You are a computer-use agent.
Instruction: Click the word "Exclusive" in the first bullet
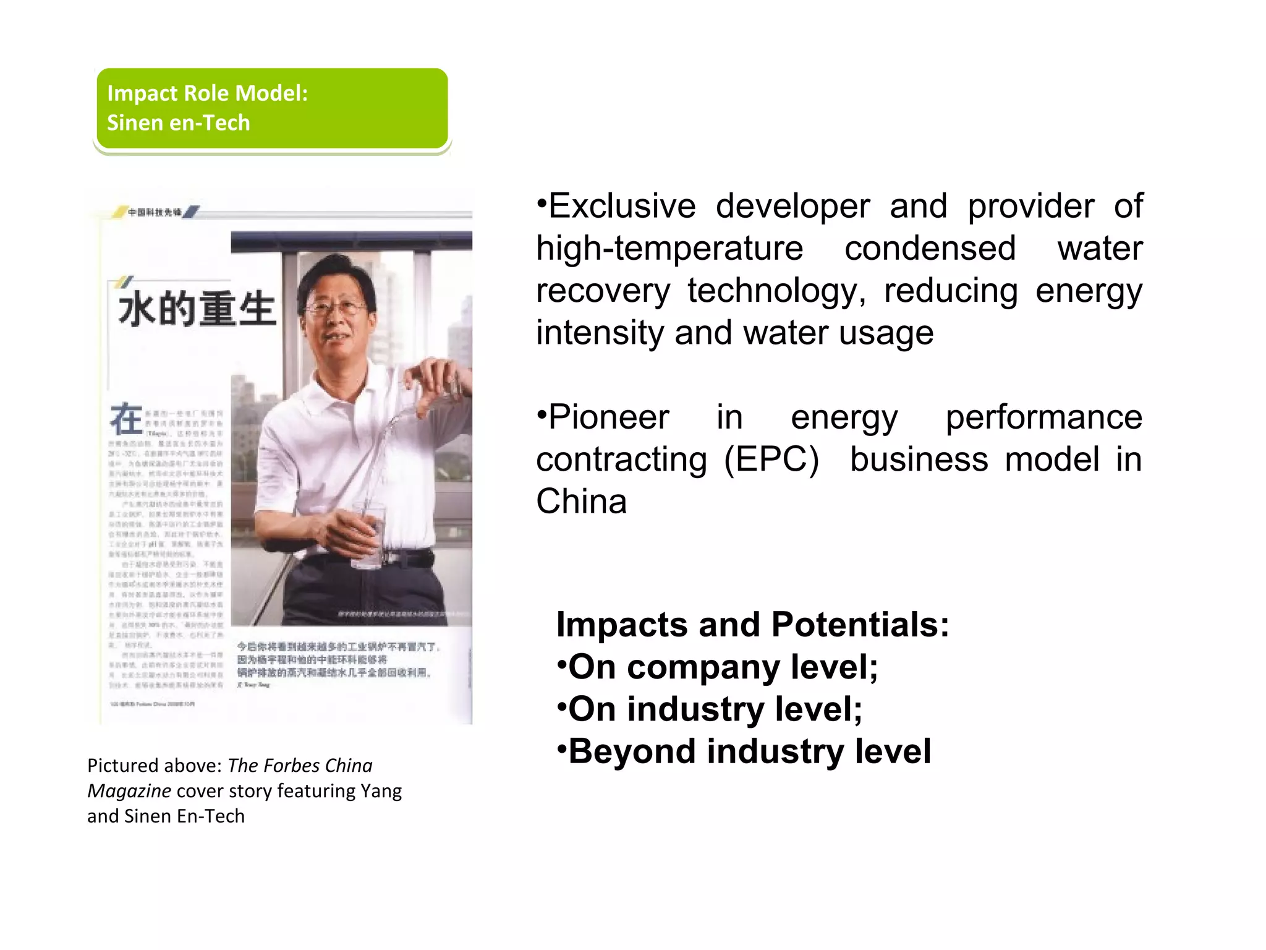click(x=622, y=207)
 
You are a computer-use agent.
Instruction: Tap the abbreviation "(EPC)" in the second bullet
click(x=771, y=460)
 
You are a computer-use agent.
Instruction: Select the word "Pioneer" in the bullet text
click(x=609, y=417)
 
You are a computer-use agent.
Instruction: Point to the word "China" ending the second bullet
click(x=581, y=502)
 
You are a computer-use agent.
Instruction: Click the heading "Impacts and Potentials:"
click(x=752, y=625)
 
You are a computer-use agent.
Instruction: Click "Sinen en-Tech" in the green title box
click(x=179, y=123)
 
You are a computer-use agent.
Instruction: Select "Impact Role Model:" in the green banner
click(x=208, y=93)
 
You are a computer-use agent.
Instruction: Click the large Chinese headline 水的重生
click(x=197, y=309)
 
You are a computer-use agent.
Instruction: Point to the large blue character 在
click(x=126, y=419)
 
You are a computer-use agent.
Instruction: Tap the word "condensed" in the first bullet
click(x=930, y=249)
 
